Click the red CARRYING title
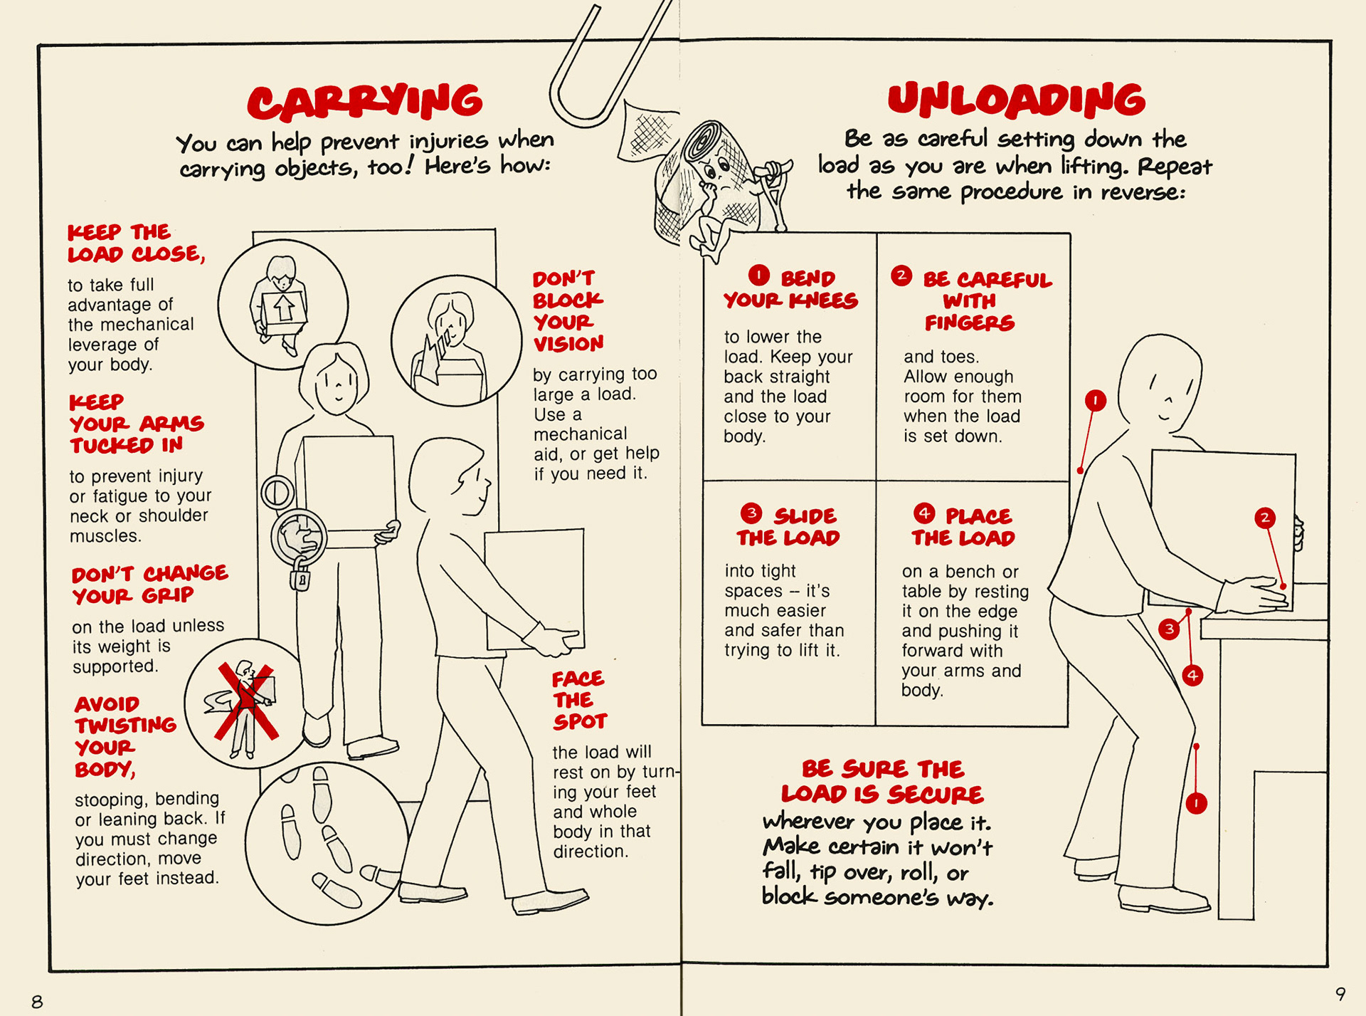tap(365, 102)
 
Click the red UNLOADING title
tap(1016, 100)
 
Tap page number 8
tap(37, 1001)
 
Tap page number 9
tap(1340, 993)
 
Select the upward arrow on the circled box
tap(284, 308)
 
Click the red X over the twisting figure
tap(246, 701)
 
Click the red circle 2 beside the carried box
tap(1264, 518)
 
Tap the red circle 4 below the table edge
tap(1192, 675)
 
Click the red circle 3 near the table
tap(1169, 629)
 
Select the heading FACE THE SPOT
tap(579, 700)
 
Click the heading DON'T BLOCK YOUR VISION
tap(568, 311)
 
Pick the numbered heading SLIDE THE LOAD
tap(788, 526)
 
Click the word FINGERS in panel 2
tap(969, 323)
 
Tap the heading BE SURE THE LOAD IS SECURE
tap(882, 781)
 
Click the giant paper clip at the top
tap(605, 68)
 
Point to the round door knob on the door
tap(277, 492)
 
